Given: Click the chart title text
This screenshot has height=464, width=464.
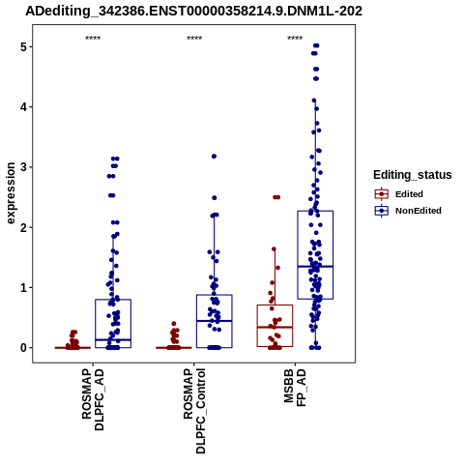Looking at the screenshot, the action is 194,11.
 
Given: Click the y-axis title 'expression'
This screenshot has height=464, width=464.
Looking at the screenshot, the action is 11,193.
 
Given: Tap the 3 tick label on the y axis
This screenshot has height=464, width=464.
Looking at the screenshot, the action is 23,167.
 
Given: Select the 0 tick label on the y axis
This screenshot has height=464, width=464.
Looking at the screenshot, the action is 23,348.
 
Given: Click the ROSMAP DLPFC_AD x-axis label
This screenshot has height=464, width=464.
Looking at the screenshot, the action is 93,399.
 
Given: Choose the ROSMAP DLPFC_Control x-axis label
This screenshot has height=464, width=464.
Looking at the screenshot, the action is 194,411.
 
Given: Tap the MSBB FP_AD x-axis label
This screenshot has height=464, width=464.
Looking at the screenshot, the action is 295,388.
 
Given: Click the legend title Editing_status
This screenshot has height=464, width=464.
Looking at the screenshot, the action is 413,175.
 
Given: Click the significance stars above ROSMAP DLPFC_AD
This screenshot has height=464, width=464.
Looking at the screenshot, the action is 93,39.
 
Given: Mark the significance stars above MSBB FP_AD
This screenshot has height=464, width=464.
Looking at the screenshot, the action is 295,39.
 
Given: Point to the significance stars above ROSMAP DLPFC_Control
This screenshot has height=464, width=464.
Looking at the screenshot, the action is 194,39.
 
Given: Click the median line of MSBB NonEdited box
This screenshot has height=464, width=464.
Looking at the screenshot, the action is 315,267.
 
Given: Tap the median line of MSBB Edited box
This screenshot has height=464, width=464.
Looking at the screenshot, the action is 275,327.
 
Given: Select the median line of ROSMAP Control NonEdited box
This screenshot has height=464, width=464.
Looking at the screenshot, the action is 215,321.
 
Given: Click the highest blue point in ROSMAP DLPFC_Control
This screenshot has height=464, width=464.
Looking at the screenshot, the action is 214,157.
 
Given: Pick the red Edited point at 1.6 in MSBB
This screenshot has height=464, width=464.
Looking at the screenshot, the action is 274,249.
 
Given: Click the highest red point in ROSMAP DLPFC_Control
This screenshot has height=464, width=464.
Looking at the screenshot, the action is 174,324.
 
